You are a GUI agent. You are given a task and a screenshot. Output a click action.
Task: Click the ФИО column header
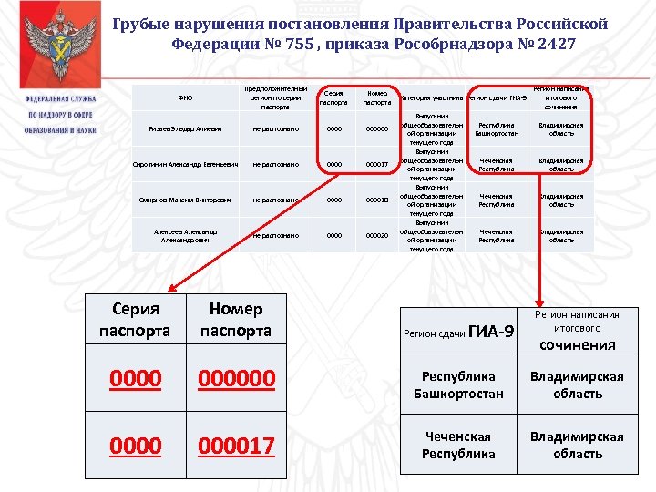[185, 97]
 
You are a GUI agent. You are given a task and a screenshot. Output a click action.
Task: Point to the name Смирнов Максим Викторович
[185, 200]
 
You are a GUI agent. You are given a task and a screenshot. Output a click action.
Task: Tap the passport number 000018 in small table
[377, 200]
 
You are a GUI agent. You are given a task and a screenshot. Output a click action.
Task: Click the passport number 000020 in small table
[377, 235]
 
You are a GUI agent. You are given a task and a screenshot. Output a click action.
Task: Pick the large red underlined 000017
[235, 446]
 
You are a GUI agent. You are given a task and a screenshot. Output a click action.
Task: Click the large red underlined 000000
[235, 377]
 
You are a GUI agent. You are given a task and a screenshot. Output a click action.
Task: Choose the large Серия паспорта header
[135, 320]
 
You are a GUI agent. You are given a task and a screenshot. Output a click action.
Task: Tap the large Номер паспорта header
[235, 320]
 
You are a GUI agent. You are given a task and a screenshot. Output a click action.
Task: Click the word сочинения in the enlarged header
[578, 344]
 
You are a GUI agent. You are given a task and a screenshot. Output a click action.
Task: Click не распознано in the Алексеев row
[276, 235]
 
